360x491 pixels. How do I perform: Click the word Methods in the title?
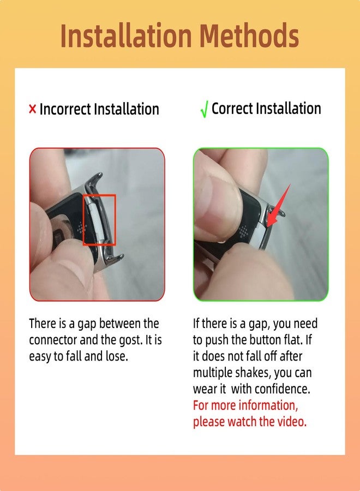pyautogui.click(x=249, y=35)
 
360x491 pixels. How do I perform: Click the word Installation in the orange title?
pyautogui.click(x=126, y=35)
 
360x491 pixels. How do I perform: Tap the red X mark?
pyautogui.click(x=32, y=109)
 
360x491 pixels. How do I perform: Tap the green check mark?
pyautogui.click(x=204, y=110)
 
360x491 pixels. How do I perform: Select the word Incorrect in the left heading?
pyautogui.click(x=65, y=109)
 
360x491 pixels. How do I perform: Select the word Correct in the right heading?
pyautogui.click(x=232, y=109)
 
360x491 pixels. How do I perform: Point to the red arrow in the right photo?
pyautogui.click(x=279, y=206)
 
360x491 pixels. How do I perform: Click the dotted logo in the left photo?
pyautogui.click(x=82, y=229)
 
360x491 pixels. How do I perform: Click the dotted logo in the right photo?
pyautogui.click(x=244, y=232)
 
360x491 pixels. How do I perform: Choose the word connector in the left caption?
pyautogui.click(x=53, y=340)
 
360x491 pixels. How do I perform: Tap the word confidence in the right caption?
pyautogui.click(x=283, y=389)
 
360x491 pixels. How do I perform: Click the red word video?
pyautogui.click(x=292, y=422)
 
